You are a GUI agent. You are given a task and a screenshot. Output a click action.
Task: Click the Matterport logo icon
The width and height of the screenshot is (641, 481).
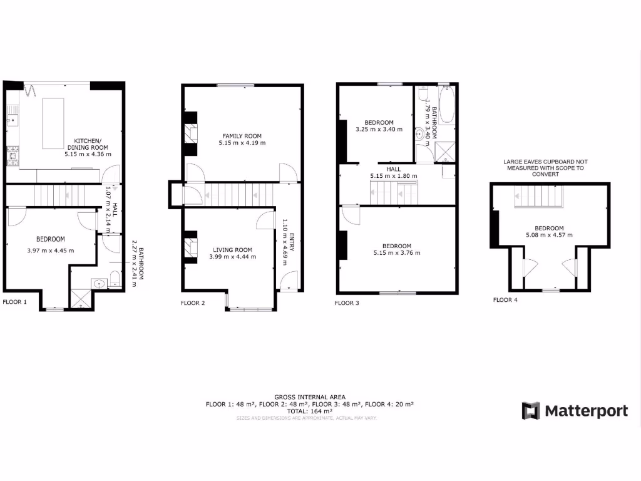pos(531,411)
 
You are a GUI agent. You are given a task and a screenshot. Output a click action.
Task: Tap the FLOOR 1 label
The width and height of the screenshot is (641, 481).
pos(15,302)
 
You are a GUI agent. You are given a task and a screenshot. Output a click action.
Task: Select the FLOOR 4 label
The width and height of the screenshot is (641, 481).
pos(505,300)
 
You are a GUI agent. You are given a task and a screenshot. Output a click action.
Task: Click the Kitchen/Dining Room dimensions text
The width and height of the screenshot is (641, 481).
pos(88,153)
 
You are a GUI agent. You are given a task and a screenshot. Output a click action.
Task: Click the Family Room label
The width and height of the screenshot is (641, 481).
pos(242,136)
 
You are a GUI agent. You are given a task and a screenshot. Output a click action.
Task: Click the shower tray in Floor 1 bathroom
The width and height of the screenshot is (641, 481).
pos(80,298)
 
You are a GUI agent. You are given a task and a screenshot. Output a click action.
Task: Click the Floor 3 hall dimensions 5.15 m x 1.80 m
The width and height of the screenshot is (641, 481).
pos(394,176)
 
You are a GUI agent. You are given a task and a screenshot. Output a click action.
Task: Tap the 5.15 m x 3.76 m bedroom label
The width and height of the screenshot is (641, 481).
pos(396,246)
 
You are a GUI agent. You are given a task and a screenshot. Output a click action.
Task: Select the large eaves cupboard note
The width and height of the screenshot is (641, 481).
pos(545,168)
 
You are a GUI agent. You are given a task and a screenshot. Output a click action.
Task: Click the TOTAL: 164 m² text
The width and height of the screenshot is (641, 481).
pos(310,411)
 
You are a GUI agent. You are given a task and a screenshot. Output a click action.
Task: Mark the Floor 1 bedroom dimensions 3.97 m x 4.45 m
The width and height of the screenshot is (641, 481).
pos(51,251)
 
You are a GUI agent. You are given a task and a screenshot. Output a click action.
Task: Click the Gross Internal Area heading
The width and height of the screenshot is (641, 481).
pos(309,396)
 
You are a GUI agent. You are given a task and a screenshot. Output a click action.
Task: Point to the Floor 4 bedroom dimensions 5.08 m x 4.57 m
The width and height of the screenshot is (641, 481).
pos(549,235)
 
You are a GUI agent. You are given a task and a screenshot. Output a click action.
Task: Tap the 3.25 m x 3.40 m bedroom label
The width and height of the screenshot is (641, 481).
pos(379,122)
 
